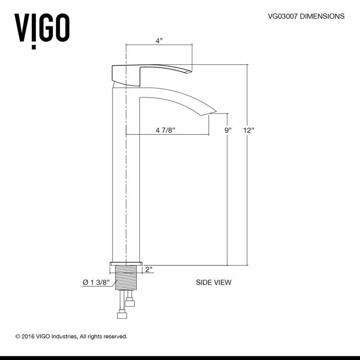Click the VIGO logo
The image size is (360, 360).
click(x=43, y=28)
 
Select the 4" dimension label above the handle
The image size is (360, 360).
click(x=159, y=40)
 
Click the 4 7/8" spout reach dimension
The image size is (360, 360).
click(x=165, y=130)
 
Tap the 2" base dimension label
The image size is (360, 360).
click(x=149, y=270)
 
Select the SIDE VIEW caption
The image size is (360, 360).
click(x=213, y=283)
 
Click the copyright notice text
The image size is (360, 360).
click(x=72, y=336)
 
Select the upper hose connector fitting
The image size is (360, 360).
click(x=130, y=301)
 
